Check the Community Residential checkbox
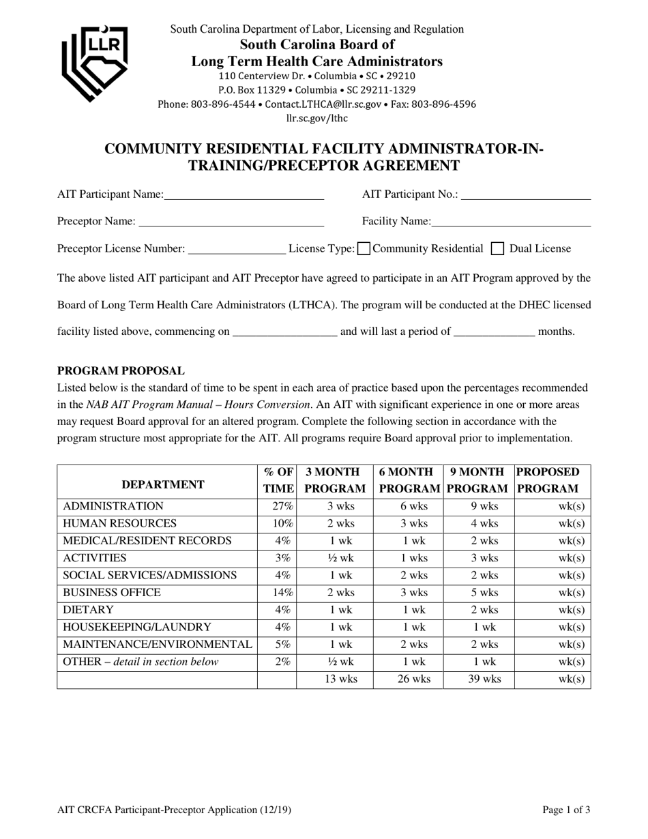(x=364, y=249)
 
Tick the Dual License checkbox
(x=498, y=249)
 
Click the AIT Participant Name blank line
(x=244, y=196)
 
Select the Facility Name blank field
(x=511, y=222)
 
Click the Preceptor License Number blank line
(x=236, y=250)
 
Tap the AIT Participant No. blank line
(x=525, y=196)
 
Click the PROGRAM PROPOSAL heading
(x=121, y=371)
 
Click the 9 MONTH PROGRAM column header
(x=478, y=480)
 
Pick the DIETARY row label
(x=89, y=609)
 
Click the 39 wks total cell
(x=478, y=679)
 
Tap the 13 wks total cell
(x=334, y=679)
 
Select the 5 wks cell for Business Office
(x=478, y=592)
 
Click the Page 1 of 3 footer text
(x=566, y=810)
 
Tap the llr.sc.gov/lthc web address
(x=316, y=119)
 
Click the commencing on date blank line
(x=284, y=332)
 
